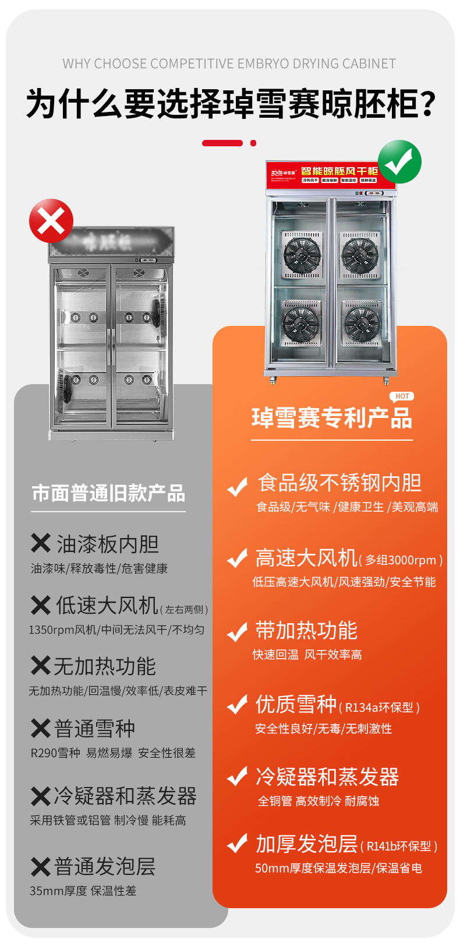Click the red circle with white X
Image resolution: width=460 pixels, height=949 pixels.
tap(51, 221)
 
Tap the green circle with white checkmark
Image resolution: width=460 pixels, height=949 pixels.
tap(399, 161)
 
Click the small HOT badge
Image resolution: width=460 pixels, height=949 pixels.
tap(402, 396)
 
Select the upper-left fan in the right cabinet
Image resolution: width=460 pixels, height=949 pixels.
tap(302, 255)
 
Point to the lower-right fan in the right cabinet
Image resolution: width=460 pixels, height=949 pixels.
tap(360, 322)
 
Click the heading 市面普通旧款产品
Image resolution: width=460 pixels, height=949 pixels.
tap(108, 493)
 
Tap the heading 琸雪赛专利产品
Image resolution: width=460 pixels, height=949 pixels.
tap(331, 418)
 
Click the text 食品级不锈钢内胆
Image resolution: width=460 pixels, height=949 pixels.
tap(339, 483)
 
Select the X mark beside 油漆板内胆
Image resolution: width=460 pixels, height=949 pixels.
tap(40, 543)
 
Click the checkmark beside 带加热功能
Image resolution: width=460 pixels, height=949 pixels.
tap(237, 632)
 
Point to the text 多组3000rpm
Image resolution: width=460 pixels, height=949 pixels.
tap(401, 560)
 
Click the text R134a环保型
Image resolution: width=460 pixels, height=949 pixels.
tap(379, 708)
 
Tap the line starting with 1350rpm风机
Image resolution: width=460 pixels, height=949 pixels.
tap(116, 630)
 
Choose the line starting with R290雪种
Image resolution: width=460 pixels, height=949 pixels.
tap(113, 753)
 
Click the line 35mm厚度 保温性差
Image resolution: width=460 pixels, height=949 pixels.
tap(83, 891)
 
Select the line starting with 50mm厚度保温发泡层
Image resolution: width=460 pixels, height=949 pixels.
tap(338, 868)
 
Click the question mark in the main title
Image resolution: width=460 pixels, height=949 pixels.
tap(427, 105)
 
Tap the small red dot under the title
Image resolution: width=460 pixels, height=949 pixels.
tap(253, 143)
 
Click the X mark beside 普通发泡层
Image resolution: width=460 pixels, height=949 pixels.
tap(40, 867)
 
